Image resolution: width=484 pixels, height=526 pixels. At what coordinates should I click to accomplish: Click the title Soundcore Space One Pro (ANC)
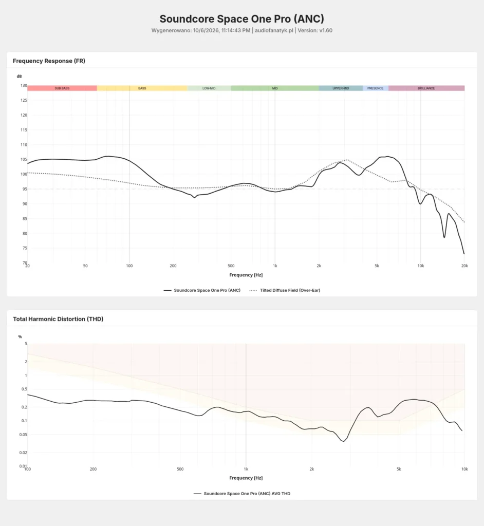tap(241, 19)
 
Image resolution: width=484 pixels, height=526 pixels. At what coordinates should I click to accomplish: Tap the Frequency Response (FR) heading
tap(49, 61)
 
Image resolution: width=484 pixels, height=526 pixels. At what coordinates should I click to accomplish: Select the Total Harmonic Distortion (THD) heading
tap(58, 319)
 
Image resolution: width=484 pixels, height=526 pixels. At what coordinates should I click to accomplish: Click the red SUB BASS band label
tap(62, 88)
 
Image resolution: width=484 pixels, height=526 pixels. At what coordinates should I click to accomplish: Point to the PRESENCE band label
tap(375, 88)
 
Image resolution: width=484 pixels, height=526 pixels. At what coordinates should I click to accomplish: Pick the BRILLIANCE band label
tap(426, 88)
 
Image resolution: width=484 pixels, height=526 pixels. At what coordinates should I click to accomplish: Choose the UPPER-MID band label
tap(341, 88)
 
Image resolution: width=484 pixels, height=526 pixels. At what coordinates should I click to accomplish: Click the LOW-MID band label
tap(209, 88)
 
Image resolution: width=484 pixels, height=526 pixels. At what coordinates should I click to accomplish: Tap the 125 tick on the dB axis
tap(24, 100)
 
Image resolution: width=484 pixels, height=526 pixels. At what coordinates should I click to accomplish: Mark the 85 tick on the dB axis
tap(25, 219)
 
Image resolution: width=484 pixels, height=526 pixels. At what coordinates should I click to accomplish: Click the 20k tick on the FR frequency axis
tap(464, 266)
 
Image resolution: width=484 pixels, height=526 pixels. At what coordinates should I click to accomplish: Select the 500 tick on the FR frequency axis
tap(231, 266)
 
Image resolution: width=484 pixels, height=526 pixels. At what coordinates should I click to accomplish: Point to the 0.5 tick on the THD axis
tap(24, 389)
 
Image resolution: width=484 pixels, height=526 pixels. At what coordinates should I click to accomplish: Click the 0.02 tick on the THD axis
tap(23, 453)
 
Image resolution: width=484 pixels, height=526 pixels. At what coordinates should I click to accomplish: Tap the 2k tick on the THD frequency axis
tap(312, 469)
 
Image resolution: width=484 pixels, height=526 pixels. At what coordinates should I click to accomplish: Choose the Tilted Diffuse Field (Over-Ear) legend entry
tap(285, 290)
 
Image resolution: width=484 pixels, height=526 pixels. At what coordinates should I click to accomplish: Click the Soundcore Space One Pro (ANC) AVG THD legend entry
tap(242, 494)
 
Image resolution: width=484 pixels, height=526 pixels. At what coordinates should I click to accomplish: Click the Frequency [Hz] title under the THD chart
tap(246, 478)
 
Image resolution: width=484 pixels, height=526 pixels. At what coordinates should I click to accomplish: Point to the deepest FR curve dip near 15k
tap(444, 237)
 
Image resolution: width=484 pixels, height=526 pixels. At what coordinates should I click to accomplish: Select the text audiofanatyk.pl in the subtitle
tap(274, 30)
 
